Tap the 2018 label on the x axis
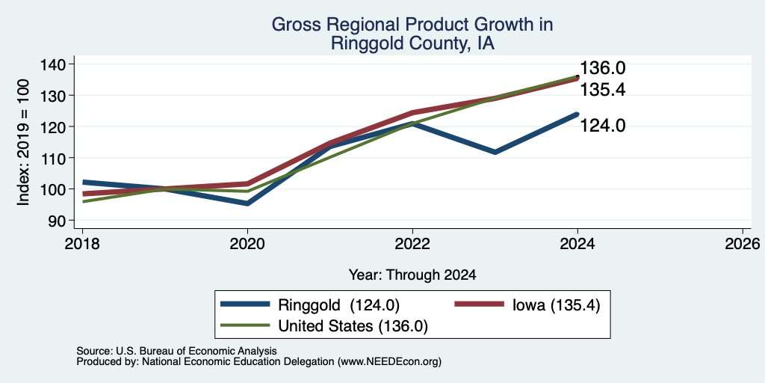(82, 244)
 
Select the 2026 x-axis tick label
(743, 244)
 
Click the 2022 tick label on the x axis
(412, 244)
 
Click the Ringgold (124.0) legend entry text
(339, 305)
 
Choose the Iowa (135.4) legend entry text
(556, 305)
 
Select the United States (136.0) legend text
(353, 326)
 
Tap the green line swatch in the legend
(245, 325)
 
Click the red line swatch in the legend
(479, 304)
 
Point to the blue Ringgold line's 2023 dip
(495, 152)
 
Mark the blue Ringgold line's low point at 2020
(248, 203)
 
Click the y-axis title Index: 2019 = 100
(23, 142)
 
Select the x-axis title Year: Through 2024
(412, 275)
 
